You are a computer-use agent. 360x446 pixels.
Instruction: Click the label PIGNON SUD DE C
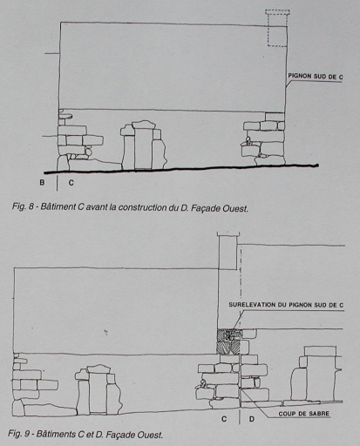(x=316, y=77)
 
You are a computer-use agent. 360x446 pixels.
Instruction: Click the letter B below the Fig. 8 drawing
(x=42, y=183)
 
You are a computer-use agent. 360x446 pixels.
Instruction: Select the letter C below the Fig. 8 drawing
(x=71, y=183)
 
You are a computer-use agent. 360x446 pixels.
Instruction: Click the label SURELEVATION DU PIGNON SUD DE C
(x=286, y=305)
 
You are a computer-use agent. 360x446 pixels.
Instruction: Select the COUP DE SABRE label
(x=304, y=414)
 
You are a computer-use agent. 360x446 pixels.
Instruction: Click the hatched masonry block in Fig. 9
(x=228, y=341)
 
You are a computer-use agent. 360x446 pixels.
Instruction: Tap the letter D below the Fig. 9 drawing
(x=252, y=419)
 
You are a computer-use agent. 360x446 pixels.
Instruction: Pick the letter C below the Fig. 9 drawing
(x=224, y=419)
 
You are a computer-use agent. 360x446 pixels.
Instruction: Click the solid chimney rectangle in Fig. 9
(x=228, y=251)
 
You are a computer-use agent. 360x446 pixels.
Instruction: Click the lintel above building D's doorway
(x=320, y=351)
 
